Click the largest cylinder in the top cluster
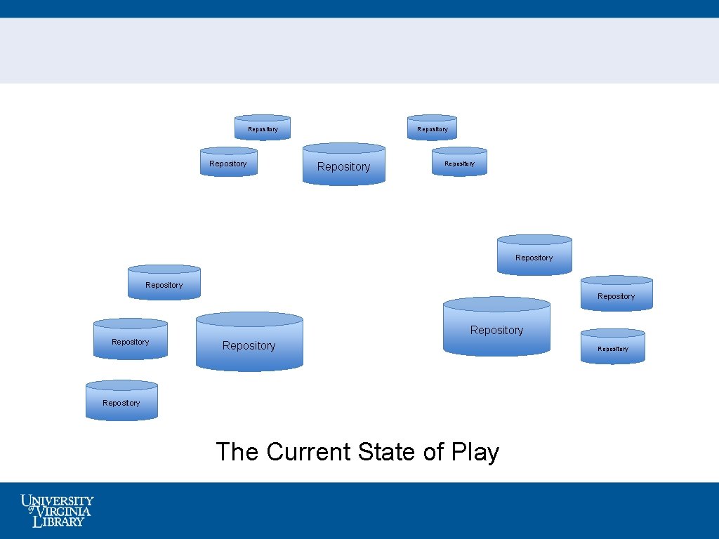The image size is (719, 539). (343, 165)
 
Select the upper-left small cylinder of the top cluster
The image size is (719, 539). (262, 128)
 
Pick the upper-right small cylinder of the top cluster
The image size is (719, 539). (432, 128)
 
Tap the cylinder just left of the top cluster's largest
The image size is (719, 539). (228, 162)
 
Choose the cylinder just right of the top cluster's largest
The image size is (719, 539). (459, 162)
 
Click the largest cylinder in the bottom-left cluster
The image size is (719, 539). (249, 342)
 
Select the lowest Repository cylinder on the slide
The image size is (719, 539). (121, 401)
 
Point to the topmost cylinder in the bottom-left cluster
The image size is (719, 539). (164, 283)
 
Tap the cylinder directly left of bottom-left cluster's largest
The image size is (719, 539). (131, 340)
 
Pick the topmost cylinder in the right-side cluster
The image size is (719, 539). (534, 255)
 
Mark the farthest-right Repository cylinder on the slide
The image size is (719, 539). (616, 294)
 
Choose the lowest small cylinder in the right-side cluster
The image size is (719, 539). (612, 347)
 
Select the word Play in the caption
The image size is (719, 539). (475, 452)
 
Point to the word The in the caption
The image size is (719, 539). (237, 452)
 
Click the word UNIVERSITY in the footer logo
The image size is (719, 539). (58, 501)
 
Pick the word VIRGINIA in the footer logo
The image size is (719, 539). (63, 512)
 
